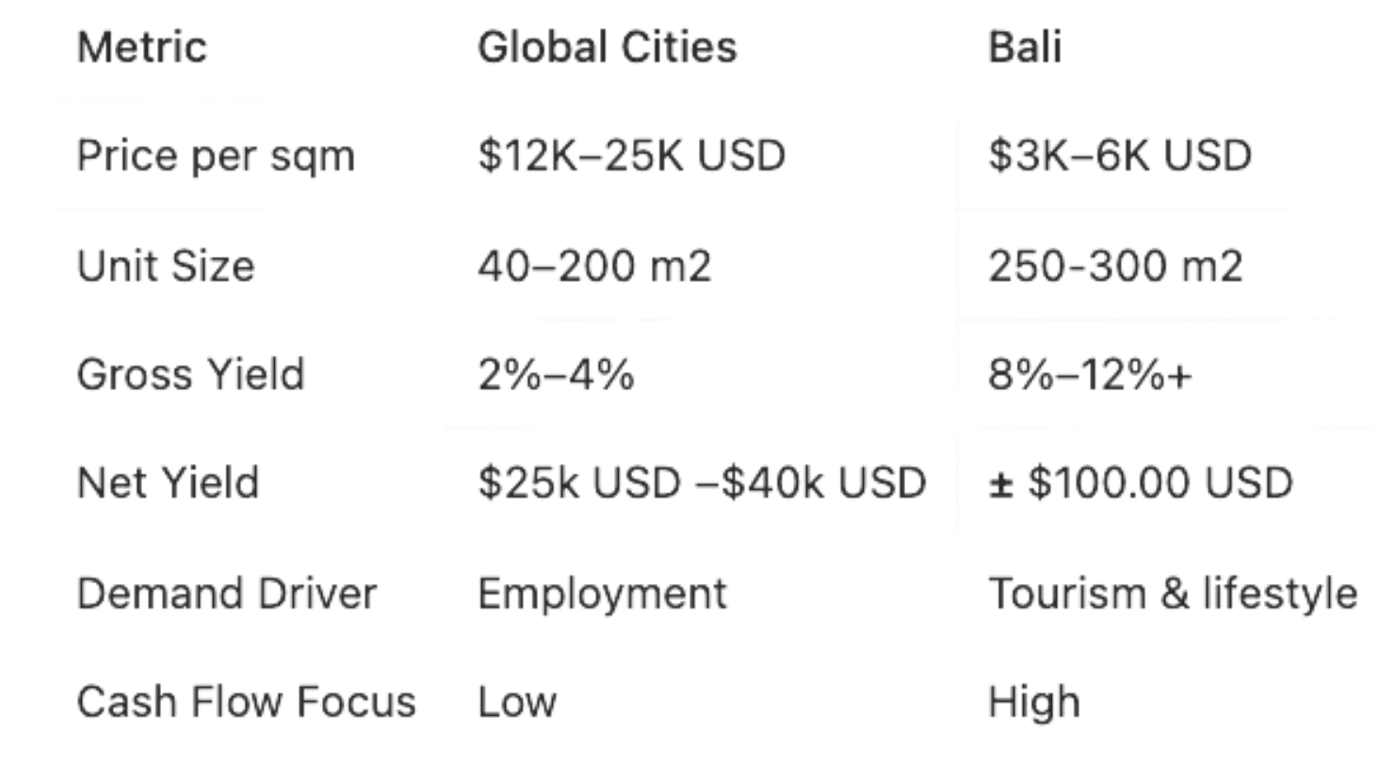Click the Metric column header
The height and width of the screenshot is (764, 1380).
141,47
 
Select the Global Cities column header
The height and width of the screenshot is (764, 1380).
607,47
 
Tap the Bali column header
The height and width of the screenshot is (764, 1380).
1024,47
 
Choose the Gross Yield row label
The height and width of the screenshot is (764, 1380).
190,375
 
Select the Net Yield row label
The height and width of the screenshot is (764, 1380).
168,483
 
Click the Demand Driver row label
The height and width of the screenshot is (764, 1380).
226,593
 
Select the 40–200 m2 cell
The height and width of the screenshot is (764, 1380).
594,267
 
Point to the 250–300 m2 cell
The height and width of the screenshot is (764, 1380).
1115,267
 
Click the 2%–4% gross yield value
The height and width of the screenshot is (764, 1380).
556,375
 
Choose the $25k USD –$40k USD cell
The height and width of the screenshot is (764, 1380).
702,483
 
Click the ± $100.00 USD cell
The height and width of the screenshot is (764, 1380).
1140,483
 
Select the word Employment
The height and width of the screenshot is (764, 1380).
602,594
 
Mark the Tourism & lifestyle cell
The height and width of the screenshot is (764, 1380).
1173,594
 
